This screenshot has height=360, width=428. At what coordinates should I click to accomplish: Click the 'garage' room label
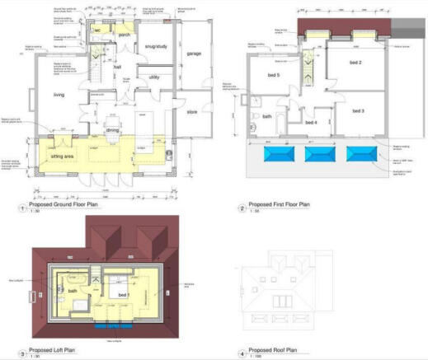pyautogui.click(x=194, y=54)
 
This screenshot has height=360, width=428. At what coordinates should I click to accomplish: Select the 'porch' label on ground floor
pyautogui.click(x=125, y=35)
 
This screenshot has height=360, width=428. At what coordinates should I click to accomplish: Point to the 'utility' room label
pyautogui.click(x=153, y=77)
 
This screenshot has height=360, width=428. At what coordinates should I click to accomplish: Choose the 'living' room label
pyautogui.click(x=59, y=96)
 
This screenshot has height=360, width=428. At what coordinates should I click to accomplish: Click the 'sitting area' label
pyautogui.click(x=63, y=155)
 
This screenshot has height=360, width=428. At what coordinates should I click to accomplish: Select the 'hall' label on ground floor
pyautogui.click(x=117, y=68)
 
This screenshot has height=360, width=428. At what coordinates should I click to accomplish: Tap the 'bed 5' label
pyautogui.click(x=273, y=76)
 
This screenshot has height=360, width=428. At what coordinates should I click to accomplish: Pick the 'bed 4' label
pyautogui.click(x=311, y=123)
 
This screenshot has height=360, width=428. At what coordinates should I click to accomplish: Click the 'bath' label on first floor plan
pyautogui.click(x=267, y=117)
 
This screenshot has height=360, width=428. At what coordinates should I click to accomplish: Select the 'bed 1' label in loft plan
pyautogui.click(x=123, y=294)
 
